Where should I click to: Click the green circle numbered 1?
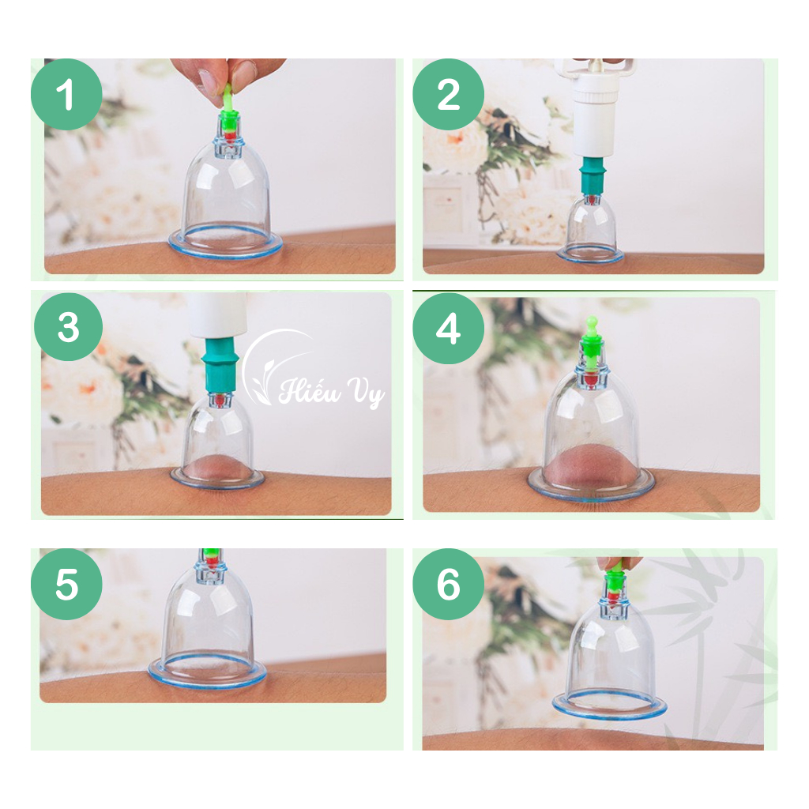pos(66,95)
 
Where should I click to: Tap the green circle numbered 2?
pos(449,95)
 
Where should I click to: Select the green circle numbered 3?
pos(69,327)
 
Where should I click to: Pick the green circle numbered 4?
pos(449,329)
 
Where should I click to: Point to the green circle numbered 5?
pos(66,584)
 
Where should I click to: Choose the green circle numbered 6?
pos(449,584)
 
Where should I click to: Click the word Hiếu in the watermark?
pos(310,389)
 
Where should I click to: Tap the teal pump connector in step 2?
pos(593,176)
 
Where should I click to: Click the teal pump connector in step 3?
pos(220,364)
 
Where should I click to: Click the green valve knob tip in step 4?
pos(592,323)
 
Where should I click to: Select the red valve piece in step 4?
pos(591,380)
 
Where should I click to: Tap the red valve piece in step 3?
pos(220,399)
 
